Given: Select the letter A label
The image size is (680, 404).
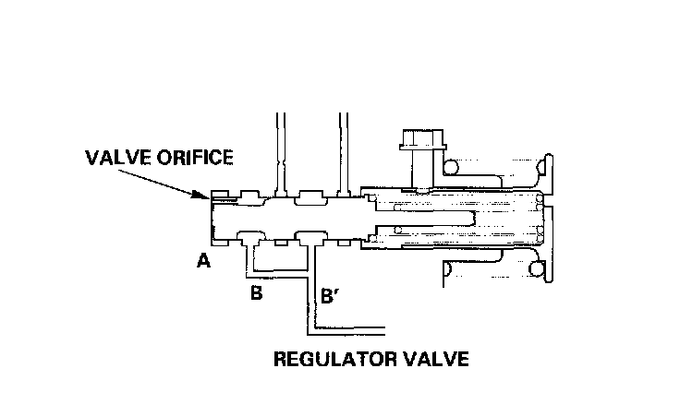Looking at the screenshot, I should [x=203, y=262].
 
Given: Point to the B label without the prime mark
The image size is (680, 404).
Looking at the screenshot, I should [x=257, y=294].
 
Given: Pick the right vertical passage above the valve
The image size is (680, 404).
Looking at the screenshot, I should [x=342, y=152].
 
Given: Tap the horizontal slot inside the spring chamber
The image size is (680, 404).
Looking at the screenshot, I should [x=434, y=218].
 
